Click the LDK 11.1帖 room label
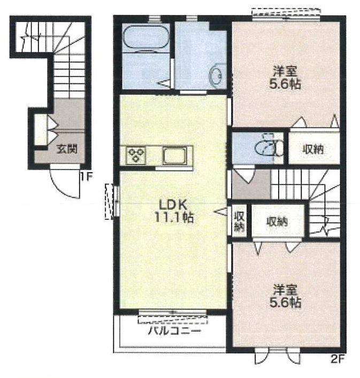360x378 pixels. coord(174,211)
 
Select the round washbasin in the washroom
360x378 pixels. coord(217,75)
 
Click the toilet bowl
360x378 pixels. coord(266,147)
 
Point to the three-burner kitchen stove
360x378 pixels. coord(136,155)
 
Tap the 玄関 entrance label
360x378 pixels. coord(67,149)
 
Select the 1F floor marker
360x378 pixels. coord(86,177)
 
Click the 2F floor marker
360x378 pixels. coord(337,359)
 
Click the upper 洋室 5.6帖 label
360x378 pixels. coord(285,78)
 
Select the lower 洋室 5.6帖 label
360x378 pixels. coord(285,296)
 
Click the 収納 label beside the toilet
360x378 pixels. coord(313,150)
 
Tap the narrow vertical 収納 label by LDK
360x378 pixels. coord(240,221)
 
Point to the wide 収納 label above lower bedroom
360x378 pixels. coord(277,221)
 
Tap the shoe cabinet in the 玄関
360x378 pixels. coord(41,130)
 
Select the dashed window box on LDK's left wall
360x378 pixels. coord(110,202)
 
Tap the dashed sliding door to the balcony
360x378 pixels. coord(173,320)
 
